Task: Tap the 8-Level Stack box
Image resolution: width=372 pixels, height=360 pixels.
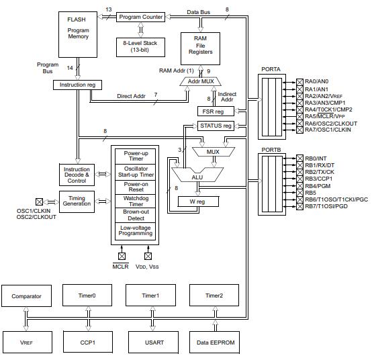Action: point(140,46)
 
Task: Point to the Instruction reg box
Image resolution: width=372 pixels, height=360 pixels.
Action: point(77,85)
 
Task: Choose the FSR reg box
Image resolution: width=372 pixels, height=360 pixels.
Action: point(215,111)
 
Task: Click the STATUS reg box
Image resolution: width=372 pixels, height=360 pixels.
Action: point(216,126)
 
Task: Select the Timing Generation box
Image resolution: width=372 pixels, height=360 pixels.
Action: point(77,200)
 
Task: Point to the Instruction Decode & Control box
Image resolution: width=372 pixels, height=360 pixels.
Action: point(77,176)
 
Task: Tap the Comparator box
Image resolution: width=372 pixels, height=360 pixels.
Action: point(26,296)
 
